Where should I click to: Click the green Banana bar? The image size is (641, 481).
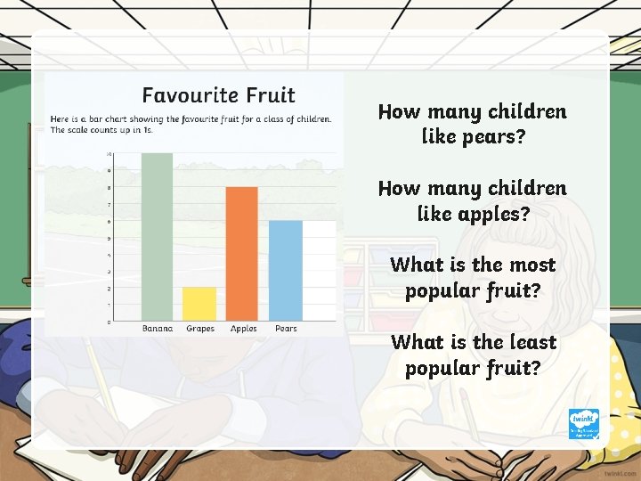pos(158,237)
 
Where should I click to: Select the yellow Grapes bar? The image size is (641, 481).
pos(200,304)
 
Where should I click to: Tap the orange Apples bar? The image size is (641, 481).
pos(242,254)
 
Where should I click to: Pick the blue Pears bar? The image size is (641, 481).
pos(286,271)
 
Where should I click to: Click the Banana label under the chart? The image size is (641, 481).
pos(158,329)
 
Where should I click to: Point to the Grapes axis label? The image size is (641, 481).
pos(200,329)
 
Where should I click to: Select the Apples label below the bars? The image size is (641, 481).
pos(243,329)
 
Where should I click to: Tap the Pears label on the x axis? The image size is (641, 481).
pos(286,329)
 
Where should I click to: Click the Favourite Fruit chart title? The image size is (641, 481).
pos(219,95)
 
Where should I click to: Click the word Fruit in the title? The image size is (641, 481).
pos(271,95)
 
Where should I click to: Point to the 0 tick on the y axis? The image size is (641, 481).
pos(110,322)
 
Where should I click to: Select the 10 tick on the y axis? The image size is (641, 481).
pos(109,154)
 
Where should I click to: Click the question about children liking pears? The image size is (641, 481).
pos(472,124)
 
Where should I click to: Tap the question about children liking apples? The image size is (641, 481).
pos(472,200)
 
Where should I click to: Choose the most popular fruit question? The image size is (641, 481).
pos(472,277)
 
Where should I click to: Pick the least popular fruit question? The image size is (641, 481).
pos(472,355)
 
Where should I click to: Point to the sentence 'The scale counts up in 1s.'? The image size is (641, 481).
pos(101,130)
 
